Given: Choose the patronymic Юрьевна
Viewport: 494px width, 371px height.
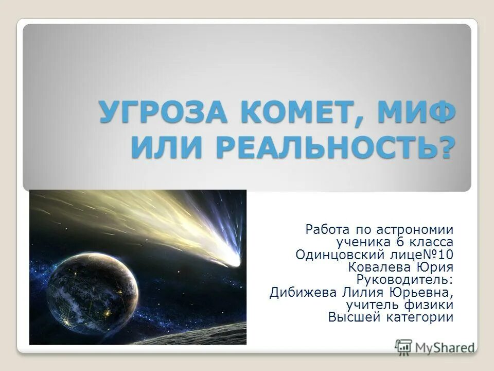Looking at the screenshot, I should tap(424, 293).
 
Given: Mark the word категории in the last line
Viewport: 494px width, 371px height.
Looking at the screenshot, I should tap(420, 317).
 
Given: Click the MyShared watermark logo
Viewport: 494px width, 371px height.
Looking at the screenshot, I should tap(435, 346).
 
